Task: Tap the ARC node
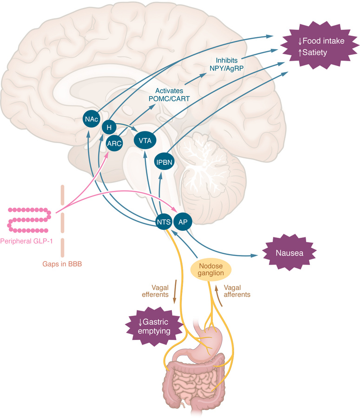[114, 144]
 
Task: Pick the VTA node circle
[145, 139]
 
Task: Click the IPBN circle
[163, 162]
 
